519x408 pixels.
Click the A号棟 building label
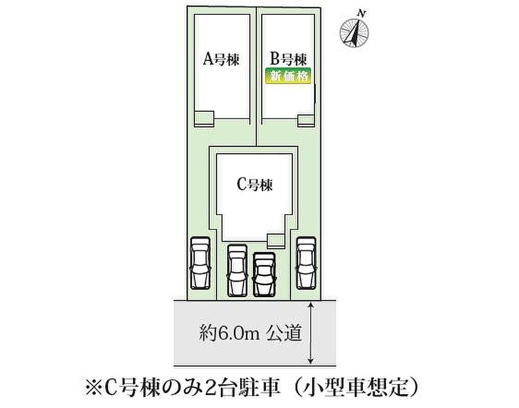pos(221,60)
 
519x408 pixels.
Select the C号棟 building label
pos(255,185)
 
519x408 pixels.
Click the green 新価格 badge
pos(289,76)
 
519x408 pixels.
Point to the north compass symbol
pos(355,33)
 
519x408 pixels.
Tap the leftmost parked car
pos(200,263)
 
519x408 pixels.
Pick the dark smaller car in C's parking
pos(264,274)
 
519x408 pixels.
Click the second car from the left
pos(237,270)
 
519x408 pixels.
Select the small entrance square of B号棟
pos(307,120)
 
